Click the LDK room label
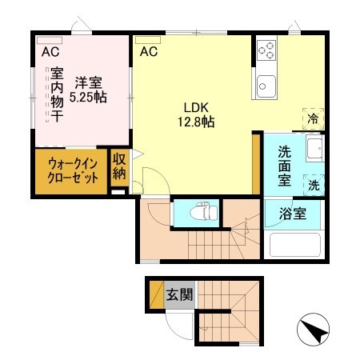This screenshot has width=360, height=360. click(197, 107)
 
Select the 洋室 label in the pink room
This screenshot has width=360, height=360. click(88, 82)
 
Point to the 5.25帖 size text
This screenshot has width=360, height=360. click(88, 97)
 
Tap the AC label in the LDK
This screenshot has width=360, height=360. click(149, 53)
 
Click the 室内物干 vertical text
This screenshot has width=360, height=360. click(58, 95)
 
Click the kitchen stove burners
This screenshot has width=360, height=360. click(266, 53)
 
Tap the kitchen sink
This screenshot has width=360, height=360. click(265, 83)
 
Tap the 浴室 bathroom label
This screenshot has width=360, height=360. click(291, 214)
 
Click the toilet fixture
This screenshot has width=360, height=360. click(204, 214)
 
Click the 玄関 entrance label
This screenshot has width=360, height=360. click(179, 294)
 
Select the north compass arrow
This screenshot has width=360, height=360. click(314, 330)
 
